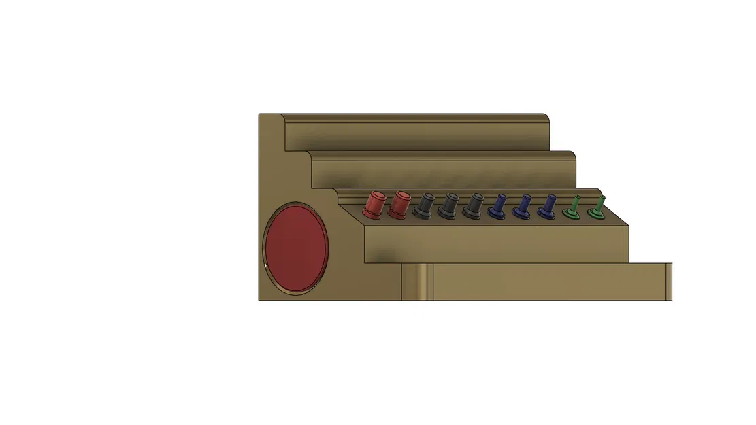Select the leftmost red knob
point(374,203)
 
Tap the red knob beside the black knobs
point(400,203)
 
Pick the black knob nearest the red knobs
point(426,205)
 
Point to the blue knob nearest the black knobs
point(499,207)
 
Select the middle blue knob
point(523,207)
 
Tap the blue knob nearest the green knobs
point(547,207)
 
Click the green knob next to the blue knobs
point(574,209)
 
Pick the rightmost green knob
point(598,209)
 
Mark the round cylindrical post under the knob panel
point(416,282)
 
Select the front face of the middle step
point(442,173)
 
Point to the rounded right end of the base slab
point(669,282)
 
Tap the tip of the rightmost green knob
point(602,199)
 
